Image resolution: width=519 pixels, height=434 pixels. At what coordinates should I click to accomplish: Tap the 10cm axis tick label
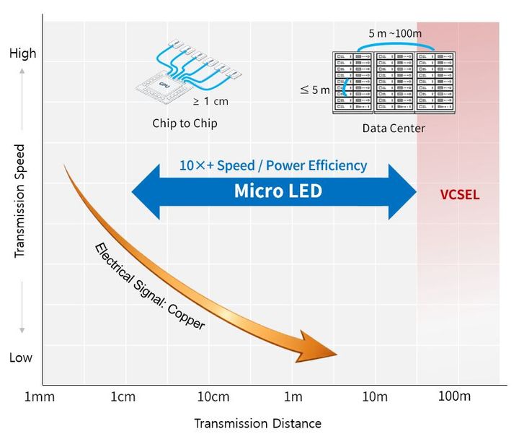pos(209,396)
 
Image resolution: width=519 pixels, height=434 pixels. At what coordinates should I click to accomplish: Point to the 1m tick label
pos(293,396)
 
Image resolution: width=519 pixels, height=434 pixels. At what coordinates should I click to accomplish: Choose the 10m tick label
pos(376,396)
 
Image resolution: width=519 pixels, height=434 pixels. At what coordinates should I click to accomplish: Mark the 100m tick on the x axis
pos(455,396)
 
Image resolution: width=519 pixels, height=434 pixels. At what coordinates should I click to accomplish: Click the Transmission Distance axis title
pos(257,423)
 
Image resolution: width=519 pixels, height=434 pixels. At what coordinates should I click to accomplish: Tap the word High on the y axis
pos(22,53)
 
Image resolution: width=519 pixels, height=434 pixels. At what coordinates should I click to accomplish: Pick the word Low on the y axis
pos(21,357)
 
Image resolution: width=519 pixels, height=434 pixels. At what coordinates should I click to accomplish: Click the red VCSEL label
pos(459,195)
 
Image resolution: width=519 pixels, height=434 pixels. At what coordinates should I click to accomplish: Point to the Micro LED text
pos(278,191)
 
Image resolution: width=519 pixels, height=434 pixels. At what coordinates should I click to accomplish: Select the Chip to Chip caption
pos(185,123)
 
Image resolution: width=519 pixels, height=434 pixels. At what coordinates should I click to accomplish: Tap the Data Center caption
pos(394,129)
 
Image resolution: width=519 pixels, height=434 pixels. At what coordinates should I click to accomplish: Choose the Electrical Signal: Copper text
pos(149,287)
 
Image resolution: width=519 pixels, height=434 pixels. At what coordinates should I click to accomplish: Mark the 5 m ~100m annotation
pos(395,33)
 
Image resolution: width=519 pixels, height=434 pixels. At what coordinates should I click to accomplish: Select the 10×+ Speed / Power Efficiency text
pos(273,165)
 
